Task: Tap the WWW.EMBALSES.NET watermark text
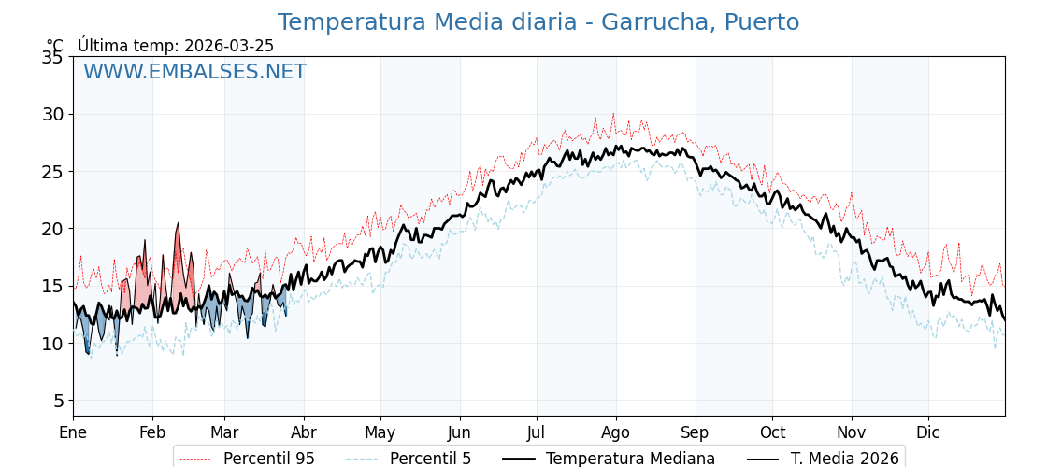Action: pos(194,72)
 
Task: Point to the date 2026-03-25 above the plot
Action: pos(229,46)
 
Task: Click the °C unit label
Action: pos(55,46)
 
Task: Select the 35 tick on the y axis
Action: pos(51,57)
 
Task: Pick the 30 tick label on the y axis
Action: pos(51,114)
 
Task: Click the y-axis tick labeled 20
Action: pos(51,229)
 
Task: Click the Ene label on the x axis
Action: pos(73,432)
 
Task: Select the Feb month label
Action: pos(152,432)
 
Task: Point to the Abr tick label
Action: pos(304,432)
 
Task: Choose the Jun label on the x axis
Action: pos(459,432)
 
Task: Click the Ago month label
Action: pos(616,432)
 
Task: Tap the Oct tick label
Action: pos(772,432)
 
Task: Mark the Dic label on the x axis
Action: pos(928,432)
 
